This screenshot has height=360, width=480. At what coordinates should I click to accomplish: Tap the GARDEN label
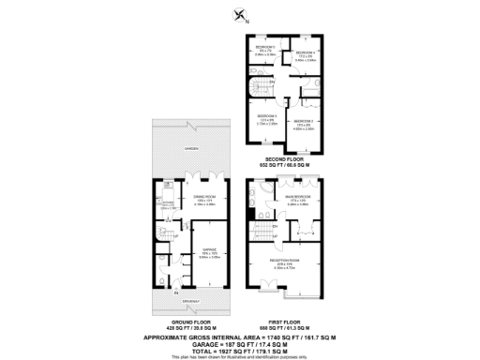point(190,149)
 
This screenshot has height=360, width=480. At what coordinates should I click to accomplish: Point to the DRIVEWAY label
point(190,300)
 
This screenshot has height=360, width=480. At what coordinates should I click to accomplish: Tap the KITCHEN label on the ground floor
point(167,202)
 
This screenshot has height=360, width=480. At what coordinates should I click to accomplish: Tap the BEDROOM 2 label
point(303,122)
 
